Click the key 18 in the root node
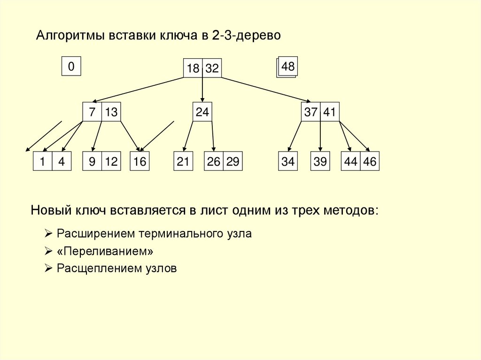click(x=193, y=69)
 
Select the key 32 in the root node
click(x=212, y=69)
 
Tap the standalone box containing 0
click(x=71, y=67)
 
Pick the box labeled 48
click(x=288, y=67)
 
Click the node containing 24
click(x=202, y=112)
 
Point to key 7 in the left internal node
click(x=92, y=112)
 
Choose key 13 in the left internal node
click(x=111, y=112)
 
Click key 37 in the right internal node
click(x=310, y=112)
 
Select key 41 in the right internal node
click(x=329, y=112)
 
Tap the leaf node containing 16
click(x=140, y=161)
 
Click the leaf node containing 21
click(x=183, y=161)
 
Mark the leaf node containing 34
click(x=288, y=161)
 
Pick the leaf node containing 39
click(x=320, y=161)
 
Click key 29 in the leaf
click(x=232, y=161)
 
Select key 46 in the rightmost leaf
click(x=370, y=161)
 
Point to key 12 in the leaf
click(x=111, y=161)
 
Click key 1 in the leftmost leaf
click(x=42, y=161)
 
